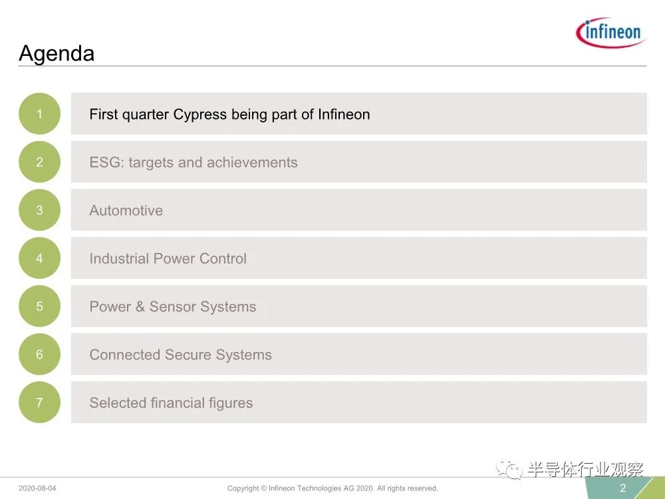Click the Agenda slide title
pyautogui.click(x=57, y=53)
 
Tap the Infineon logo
pyautogui.click(x=610, y=32)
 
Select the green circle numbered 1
pyautogui.click(x=39, y=114)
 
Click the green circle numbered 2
pyautogui.click(x=39, y=162)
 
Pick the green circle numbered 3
pyautogui.click(x=39, y=210)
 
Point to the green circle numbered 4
pyautogui.click(x=39, y=258)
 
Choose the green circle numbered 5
pyautogui.click(x=39, y=306)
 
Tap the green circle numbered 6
pyautogui.click(x=39, y=355)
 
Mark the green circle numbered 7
pyautogui.click(x=39, y=403)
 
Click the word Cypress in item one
pyautogui.click(x=199, y=115)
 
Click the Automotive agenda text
pyautogui.click(x=126, y=210)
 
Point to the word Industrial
pyautogui.click(x=119, y=258)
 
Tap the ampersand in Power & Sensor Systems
pyautogui.click(x=140, y=306)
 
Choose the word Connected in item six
pyautogui.click(x=125, y=355)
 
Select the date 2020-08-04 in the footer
pyautogui.click(x=37, y=488)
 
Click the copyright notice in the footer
pyautogui.click(x=332, y=488)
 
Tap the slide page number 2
pyautogui.click(x=622, y=488)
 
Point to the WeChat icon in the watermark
pyautogui.click(x=509, y=469)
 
